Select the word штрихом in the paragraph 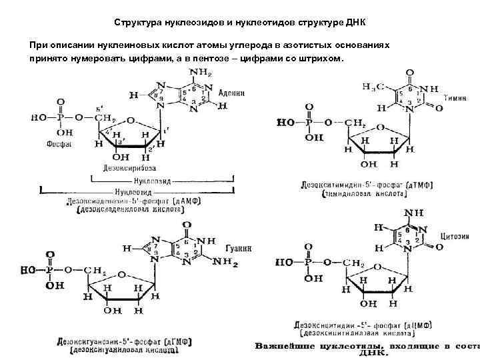319,58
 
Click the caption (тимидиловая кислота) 364,193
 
